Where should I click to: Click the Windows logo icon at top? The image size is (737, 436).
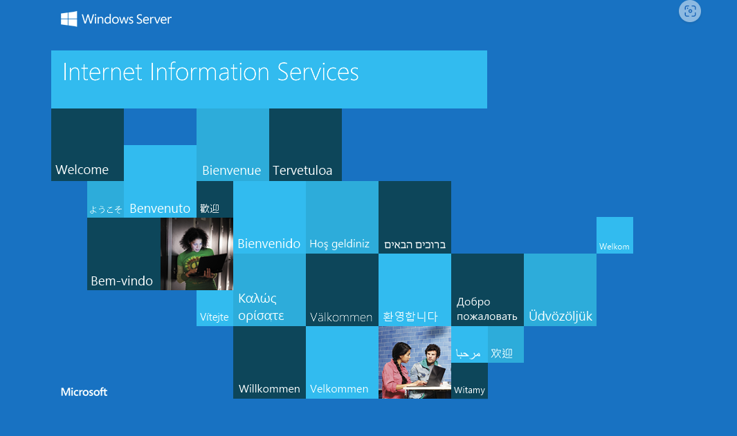click(x=69, y=19)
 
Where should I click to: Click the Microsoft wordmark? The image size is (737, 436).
click(x=84, y=392)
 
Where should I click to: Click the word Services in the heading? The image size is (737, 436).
click(x=318, y=73)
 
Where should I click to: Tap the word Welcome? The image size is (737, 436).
click(x=82, y=169)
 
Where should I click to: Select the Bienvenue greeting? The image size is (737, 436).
click(x=231, y=171)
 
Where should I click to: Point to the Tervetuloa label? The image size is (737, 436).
click(x=302, y=171)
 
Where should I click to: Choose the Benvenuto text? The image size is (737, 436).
click(x=160, y=209)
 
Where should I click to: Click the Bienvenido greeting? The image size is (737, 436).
click(x=269, y=244)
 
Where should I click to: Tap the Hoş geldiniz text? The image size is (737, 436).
click(x=339, y=244)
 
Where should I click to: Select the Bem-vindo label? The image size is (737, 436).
click(x=122, y=281)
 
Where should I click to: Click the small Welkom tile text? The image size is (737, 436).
click(x=615, y=247)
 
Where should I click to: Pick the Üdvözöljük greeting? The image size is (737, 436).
click(x=561, y=316)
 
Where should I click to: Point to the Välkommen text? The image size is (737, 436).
click(x=341, y=317)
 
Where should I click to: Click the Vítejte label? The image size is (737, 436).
click(x=215, y=316)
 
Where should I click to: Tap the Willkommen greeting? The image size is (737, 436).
click(x=269, y=388)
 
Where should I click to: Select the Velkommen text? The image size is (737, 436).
click(x=339, y=388)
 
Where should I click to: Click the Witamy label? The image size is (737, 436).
click(x=469, y=390)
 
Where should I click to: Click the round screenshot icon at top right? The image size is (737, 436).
click(x=690, y=11)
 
